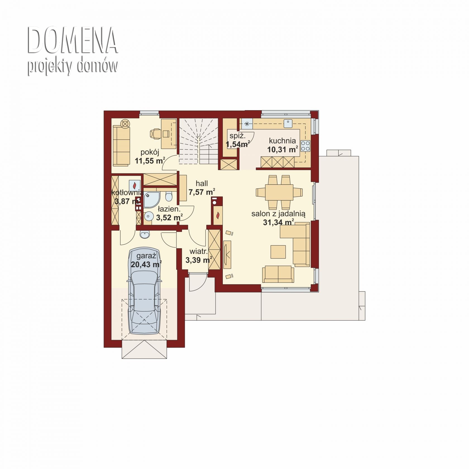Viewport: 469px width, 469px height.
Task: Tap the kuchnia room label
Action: pyautogui.click(x=282, y=141)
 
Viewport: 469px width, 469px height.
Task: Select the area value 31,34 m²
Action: pyautogui.click(x=278, y=222)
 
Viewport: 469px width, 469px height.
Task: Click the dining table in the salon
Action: pyautogui.click(x=279, y=192)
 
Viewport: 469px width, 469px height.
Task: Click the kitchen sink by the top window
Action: pyautogui.click(x=288, y=123)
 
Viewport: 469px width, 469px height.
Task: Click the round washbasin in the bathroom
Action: pyautogui.click(x=149, y=216)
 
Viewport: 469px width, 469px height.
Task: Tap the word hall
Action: pyautogui.click(x=202, y=183)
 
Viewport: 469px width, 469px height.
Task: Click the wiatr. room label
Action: pyautogui.click(x=198, y=251)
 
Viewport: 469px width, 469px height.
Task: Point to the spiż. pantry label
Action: pyautogui.click(x=238, y=136)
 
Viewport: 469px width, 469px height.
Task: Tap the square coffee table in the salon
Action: pyautogui.click(x=278, y=252)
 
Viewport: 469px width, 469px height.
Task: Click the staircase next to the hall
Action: pyautogui.click(x=198, y=141)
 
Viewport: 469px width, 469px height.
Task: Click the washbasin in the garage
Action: pyautogui.click(x=145, y=235)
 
